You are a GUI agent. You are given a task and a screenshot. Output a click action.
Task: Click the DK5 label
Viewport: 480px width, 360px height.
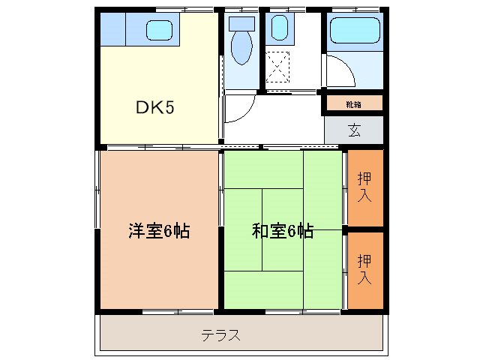[154, 107]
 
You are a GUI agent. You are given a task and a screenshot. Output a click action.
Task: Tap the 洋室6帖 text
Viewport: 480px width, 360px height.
[158, 231]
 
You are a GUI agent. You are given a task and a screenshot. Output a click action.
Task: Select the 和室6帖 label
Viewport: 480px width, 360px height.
[282, 231]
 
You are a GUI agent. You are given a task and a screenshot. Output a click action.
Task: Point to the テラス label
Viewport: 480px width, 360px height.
[220, 335]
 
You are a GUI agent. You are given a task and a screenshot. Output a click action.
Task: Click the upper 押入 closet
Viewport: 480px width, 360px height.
[364, 187]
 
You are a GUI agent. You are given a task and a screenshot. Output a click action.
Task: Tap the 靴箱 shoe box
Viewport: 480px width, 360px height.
[353, 103]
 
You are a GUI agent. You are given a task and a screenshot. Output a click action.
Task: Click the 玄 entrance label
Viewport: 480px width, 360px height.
[354, 129]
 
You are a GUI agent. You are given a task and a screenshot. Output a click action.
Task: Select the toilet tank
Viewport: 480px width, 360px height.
[241, 23]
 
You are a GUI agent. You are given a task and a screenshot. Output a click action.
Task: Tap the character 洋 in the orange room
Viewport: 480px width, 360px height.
[136, 231]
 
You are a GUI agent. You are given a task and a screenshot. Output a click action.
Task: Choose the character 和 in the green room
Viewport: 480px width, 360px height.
[259, 231]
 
